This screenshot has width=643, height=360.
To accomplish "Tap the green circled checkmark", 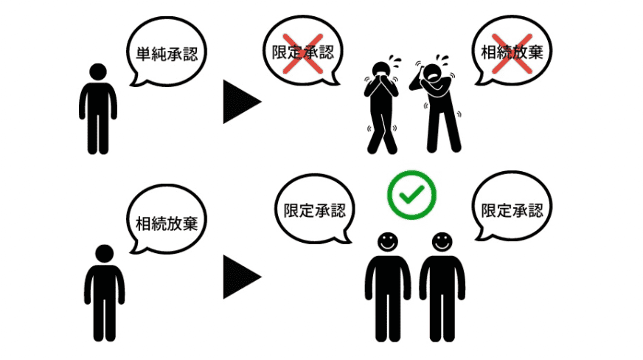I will (x=412, y=195).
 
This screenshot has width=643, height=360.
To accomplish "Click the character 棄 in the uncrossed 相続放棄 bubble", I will (x=190, y=223).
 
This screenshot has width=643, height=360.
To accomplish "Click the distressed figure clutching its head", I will (x=441, y=103).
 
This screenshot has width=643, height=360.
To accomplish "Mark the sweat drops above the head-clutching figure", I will (x=442, y=58).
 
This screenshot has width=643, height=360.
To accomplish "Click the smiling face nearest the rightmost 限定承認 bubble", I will (x=442, y=242).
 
